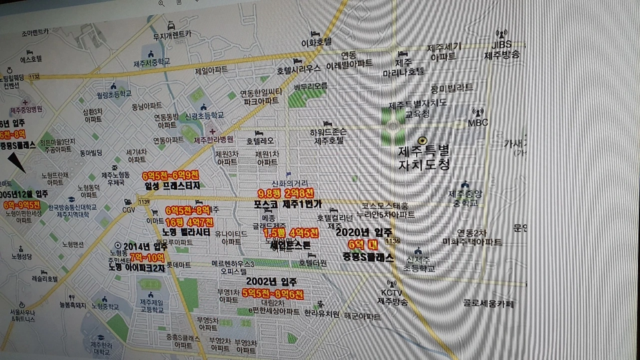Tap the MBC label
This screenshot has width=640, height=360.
478,122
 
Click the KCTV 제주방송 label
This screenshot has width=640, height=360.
392,297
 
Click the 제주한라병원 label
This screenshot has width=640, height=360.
213,139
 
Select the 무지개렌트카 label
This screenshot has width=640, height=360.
172,35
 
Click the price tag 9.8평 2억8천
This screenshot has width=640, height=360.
286,193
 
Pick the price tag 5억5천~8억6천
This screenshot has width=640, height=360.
273,293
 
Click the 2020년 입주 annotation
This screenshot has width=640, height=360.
363,232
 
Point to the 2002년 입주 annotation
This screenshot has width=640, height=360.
264,282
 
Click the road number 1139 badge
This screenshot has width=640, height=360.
144,201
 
